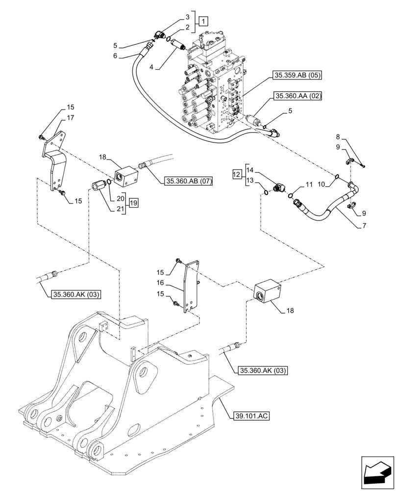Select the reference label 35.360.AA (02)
pos(297,96)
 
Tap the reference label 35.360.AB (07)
pos(188,181)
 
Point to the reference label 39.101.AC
pos(249,416)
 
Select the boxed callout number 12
pos(237,174)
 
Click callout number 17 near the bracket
pos(71,118)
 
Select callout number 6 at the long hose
pos(115,56)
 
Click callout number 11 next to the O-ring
pos(308,184)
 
